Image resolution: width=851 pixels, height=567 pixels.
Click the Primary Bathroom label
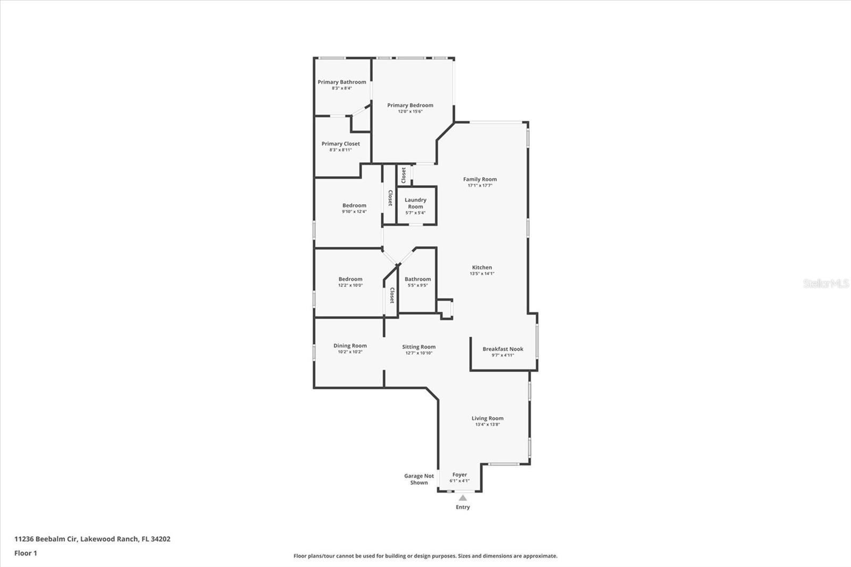pyautogui.click(x=342, y=82)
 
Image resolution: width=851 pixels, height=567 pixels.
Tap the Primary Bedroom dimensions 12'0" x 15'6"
pyautogui.click(x=410, y=111)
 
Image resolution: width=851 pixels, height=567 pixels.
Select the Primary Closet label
pyautogui.click(x=341, y=144)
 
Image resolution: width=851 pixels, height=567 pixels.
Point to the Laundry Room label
pyautogui.click(x=415, y=203)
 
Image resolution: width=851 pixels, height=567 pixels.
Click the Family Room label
pyautogui.click(x=480, y=179)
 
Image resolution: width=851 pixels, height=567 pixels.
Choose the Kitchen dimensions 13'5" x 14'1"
pyautogui.click(x=482, y=273)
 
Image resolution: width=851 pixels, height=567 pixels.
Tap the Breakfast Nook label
pyautogui.click(x=503, y=349)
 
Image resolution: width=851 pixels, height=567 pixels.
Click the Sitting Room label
pyautogui.click(x=419, y=347)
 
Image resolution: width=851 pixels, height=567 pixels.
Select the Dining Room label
pyautogui.click(x=351, y=345)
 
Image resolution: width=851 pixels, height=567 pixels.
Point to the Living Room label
pyautogui.click(x=487, y=418)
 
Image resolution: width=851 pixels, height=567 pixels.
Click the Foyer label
pyautogui.click(x=460, y=474)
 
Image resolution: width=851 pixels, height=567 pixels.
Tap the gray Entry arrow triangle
pyautogui.click(x=463, y=498)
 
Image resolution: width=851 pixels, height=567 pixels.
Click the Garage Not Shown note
pyautogui.click(x=419, y=479)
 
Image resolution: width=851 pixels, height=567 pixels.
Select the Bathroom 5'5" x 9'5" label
pyautogui.click(x=418, y=279)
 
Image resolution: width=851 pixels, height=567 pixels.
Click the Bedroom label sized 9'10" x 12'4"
pyautogui.click(x=354, y=205)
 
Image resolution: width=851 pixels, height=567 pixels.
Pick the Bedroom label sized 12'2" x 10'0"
pyautogui.click(x=351, y=279)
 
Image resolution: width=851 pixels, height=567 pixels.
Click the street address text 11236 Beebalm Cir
pyautogui.click(x=46, y=539)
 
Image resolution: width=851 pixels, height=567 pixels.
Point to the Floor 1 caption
pyautogui.click(x=26, y=553)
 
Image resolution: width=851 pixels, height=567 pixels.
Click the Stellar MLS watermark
pyautogui.click(x=826, y=283)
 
